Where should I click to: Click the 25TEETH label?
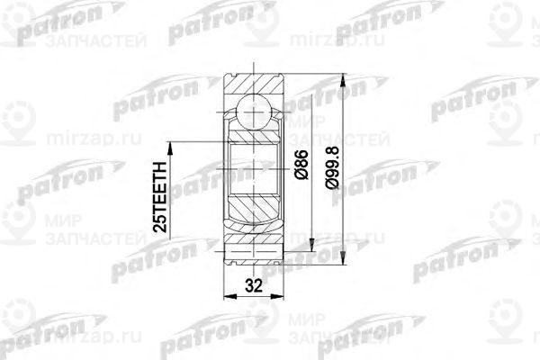pos(161,196)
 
